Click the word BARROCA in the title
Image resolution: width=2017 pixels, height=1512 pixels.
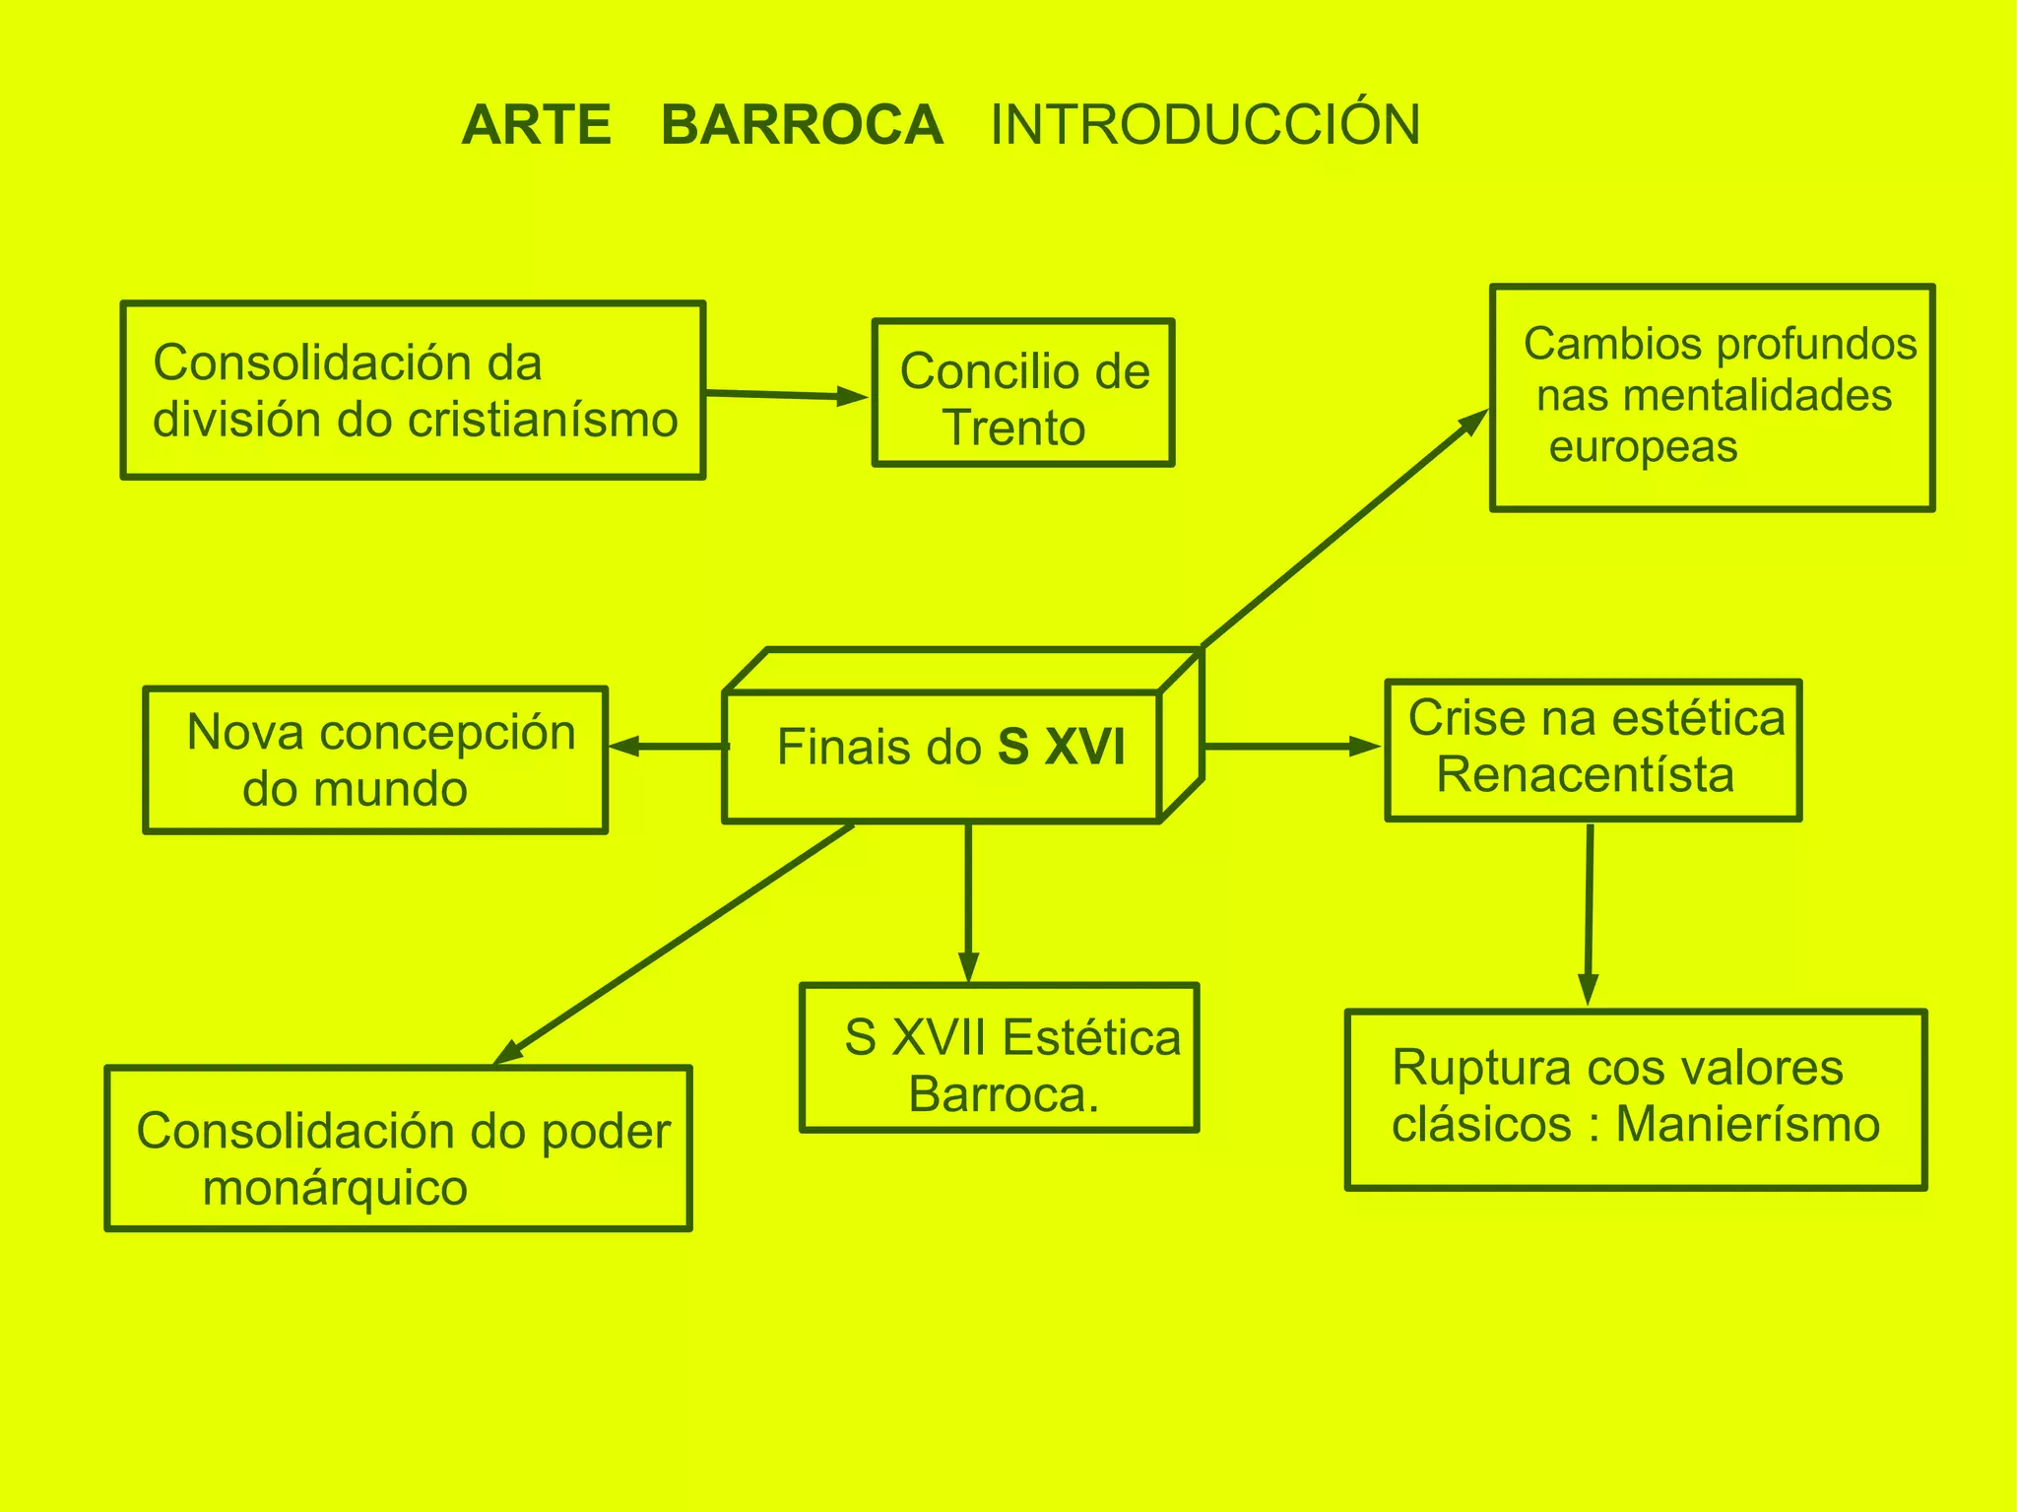click(x=802, y=126)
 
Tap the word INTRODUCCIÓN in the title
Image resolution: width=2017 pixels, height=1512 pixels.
click(x=1204, y=126)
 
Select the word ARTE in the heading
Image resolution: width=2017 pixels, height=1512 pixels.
click(x=537, y=126)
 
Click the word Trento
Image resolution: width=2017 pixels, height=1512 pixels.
click(x=1013, y=427)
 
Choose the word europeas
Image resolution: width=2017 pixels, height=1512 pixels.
click(x=1643, y=447)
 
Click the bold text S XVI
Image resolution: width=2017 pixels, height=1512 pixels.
click(x=1061, y=747)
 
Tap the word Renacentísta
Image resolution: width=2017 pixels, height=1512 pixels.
click(x=1585, y=774)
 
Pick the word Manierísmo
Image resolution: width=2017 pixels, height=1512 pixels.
click(x=1748, y=1125)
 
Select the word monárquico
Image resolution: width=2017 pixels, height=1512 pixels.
click(x=335, y=1188)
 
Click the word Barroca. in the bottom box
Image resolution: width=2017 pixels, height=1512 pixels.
click(x=1003, y=1094)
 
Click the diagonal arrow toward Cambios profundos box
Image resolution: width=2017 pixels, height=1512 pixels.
click(x=1344, y=529)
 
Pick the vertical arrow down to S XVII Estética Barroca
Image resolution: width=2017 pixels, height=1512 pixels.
click(x=969, y=901)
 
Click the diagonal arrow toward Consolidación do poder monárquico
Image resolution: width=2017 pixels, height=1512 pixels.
click(x=674, y=945)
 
